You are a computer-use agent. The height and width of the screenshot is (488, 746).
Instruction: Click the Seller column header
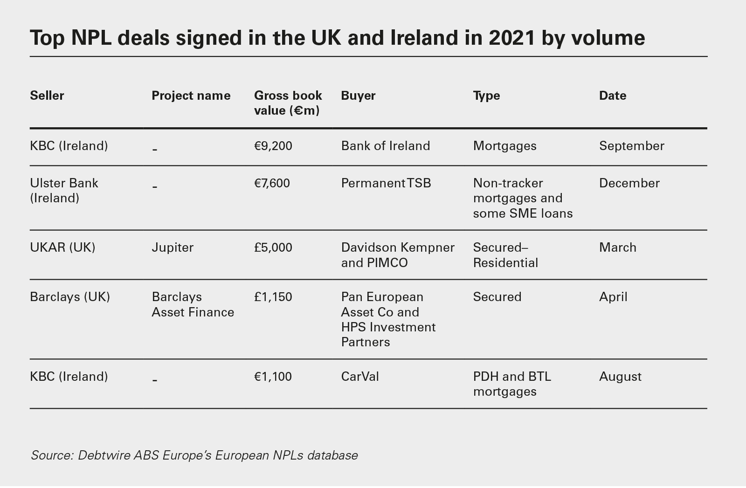point(47,96)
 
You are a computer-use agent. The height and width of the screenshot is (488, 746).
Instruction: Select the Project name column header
point(191,96)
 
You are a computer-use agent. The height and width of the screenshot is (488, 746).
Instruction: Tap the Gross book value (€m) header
point(288,103)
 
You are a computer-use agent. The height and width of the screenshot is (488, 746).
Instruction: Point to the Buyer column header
point(358,96)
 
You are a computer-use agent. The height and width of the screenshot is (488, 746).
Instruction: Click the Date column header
point(612,96)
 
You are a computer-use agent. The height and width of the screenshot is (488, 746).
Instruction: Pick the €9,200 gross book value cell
point(273,146)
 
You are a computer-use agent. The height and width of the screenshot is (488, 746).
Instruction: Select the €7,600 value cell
point(272,183)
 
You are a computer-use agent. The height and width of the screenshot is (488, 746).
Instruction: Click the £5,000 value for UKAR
point(273,247)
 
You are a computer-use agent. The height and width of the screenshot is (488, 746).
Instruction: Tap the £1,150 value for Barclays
point(273,297)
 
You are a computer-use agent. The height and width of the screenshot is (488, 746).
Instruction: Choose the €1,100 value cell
point(273,377)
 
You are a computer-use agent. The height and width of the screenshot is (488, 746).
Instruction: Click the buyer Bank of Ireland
point(386,146)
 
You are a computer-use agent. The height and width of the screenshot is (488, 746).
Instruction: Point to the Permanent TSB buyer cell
point(386,183)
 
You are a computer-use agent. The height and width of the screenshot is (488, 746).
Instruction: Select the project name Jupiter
point(173,247)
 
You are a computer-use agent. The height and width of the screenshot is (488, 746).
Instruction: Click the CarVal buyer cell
point(360,377)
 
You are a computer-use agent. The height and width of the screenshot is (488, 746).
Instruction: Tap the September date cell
point(631,146)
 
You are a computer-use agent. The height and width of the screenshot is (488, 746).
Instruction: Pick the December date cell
point(629,183)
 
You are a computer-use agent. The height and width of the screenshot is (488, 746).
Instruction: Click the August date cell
point(620,377)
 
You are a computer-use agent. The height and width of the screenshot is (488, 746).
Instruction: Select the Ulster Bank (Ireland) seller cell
point(64,191)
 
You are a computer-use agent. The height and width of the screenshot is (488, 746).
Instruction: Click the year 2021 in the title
point(511,38)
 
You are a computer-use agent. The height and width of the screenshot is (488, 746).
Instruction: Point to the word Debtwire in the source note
point(104,455)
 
